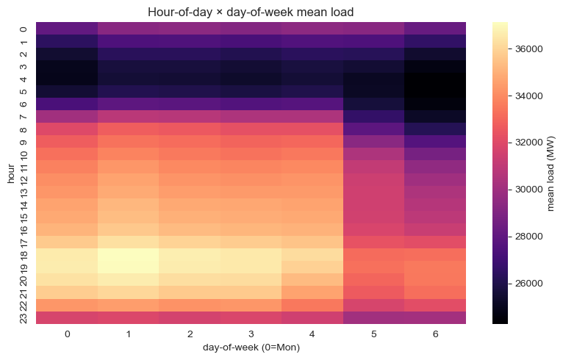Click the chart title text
(x=251, y=11)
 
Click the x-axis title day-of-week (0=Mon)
(x=251, y=348)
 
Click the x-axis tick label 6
(x=435, y=334)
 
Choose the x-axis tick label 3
(x=251, y=334)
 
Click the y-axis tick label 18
(x=24, y=255)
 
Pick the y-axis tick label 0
(x=24, y=29)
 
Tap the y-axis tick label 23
(x=24, y=317)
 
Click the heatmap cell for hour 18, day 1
(x=129, y=255)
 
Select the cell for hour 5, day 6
(x=435, y=91)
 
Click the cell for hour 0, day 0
(x=67, y=29)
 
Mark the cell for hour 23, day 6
(x=435, y=317)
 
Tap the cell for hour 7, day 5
(x=374, y=116)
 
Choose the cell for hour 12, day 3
(x=251, y=179)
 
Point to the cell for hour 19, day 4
(x=312, y=267)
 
